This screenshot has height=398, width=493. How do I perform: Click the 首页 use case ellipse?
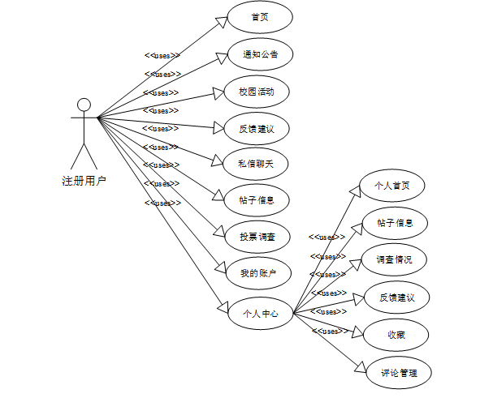point(260,17)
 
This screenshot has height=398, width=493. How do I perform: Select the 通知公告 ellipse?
point(260,54)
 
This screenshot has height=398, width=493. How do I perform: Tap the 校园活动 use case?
point(257,91)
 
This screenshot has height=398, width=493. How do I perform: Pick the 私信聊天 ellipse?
point(257,162)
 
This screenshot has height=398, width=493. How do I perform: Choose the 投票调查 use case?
point(257,236)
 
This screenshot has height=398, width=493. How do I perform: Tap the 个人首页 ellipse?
point(391,186)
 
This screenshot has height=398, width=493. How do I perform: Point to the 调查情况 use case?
point(394,259)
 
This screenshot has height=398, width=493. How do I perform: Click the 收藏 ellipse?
point(396,334)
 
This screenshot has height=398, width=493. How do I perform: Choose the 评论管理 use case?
point(398,373)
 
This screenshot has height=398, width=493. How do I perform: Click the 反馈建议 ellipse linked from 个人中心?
point(396,297)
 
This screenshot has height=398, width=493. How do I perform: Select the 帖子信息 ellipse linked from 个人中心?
point(395,222)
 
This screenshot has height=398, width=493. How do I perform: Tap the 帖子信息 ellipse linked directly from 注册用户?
point(257,199)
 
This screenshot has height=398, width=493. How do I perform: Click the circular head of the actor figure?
point(84,105)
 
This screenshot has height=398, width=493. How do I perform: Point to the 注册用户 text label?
point(84,180)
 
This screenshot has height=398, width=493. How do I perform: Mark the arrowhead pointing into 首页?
point(222,20)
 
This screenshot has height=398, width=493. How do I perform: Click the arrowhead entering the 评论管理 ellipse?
point(358,365)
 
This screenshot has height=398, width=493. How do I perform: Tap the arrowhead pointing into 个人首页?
point(354,190)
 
